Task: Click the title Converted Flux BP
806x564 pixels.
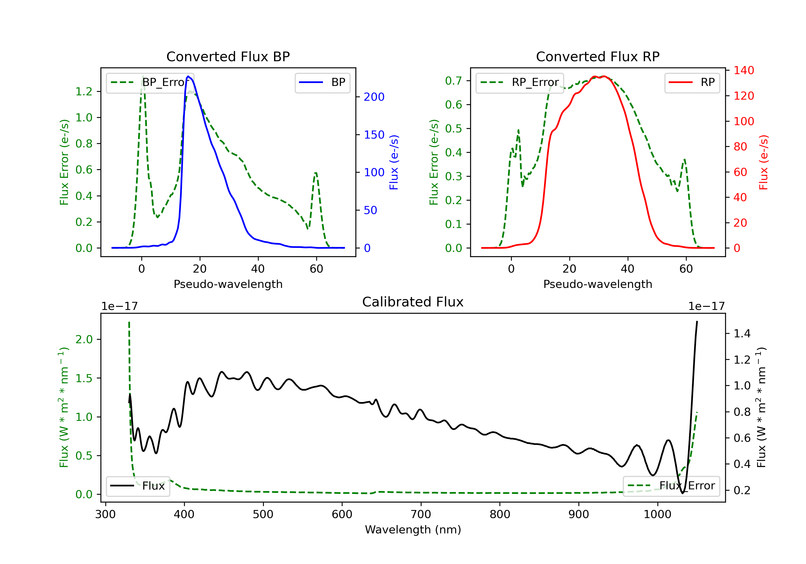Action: pyautogui.click(x=228, y=56)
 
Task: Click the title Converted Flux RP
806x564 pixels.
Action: pyautogui.click(x=598, y=56)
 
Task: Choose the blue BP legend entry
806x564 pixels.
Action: pyautogui.click(x=322, y=82)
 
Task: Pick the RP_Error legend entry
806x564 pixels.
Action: pyautogui.click(x=520, y=82)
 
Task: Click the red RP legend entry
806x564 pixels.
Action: pyautogui.click(x=692, y=82)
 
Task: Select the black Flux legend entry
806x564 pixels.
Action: pyautogui.click(x=138, y=486)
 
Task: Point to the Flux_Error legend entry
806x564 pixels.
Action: pyautogui.click(x=671, y=486)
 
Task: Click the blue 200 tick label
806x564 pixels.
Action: pyautogui.click(x=374, y=97)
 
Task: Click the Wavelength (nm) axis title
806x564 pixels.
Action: pyautogui.click(x=413, y=530)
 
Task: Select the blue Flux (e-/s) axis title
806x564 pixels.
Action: pyautogui.click(x=394, y=162)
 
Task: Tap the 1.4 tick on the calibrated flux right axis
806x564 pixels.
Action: pyautogui.click(x=742, y=333)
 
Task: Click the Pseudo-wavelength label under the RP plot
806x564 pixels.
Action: pyautogui.click(x=598, y=284)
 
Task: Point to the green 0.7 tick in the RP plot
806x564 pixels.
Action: pyautogui.click(x=453, y=81)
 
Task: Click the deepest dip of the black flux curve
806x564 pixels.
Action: pyautogui.click(x=682, y=493)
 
